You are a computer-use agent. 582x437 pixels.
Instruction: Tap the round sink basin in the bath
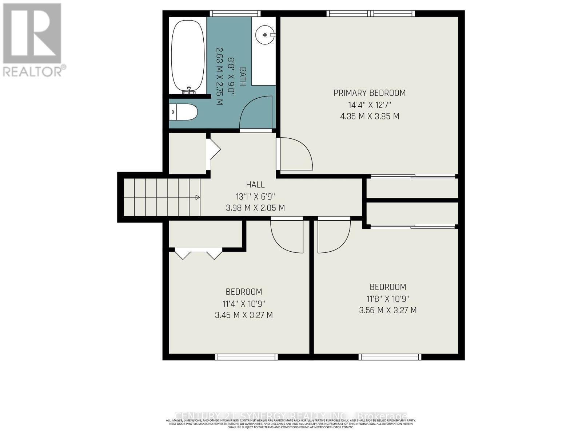tap(264, 35)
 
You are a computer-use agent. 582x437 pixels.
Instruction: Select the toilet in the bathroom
tap(184, 112)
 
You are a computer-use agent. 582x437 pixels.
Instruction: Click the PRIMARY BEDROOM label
tap(370, 93)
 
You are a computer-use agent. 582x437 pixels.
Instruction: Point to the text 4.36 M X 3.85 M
tap(370, 117)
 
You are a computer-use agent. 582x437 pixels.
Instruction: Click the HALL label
tap(255, 185)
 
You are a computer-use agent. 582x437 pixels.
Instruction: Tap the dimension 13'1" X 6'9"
tap(255, 197)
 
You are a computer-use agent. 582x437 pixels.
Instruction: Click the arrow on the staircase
tap(198, 197)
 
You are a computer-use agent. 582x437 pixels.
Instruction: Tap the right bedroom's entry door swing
tap(334, 235)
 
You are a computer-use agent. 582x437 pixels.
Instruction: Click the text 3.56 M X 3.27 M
tap(388, 310)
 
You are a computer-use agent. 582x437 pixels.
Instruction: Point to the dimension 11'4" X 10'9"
tap(244, 303)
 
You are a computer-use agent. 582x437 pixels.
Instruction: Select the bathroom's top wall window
tap(236, 13)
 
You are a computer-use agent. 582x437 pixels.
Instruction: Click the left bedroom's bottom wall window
tap(246, 357)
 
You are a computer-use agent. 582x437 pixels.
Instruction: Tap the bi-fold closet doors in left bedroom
tap(199, 253)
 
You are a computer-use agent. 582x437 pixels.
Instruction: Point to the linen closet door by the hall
tap(213, 150)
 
